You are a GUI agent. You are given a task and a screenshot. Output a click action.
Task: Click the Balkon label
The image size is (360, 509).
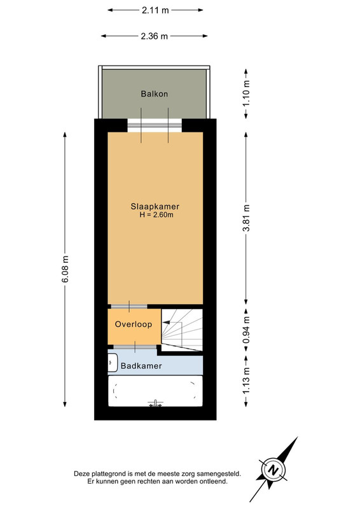[x=154, y=94]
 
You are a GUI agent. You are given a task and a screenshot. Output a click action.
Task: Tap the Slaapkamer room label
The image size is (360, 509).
[x=155, y=206]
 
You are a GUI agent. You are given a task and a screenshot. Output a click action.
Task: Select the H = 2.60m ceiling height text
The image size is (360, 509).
[x=156, y=214]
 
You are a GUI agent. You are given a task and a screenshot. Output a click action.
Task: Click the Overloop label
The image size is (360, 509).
[x=134, y=324]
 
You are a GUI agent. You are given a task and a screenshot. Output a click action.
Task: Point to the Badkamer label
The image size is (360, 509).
[x=141, y=366]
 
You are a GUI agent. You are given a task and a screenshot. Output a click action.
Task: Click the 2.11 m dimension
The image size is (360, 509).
[x=155, y=10]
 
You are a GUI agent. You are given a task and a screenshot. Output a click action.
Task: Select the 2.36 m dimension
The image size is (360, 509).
[x=154, y=36]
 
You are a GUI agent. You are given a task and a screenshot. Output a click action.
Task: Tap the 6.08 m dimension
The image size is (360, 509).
[x=65, y=269]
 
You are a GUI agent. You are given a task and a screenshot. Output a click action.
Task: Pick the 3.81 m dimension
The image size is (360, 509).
[x=246, y=218]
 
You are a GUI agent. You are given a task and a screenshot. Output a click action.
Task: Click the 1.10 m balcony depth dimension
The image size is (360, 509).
[x=246, y=94]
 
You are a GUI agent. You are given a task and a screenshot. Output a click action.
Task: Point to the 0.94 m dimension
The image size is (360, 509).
[x=246, y=330]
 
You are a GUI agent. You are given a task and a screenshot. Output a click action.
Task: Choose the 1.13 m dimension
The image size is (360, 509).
[x=246, y=380]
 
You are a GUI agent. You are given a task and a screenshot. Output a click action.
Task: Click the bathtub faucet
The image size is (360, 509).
[x=155, y=403]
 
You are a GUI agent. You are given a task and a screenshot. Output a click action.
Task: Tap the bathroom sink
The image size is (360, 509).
[x=113, y=362]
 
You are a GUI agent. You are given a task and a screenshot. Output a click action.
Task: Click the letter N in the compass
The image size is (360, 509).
[x=274, y=470]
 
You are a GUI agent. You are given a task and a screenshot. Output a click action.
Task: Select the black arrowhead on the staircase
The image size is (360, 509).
[x=165, y=323]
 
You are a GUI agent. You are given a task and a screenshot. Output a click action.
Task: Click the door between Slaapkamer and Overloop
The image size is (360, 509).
[x=129, y=307]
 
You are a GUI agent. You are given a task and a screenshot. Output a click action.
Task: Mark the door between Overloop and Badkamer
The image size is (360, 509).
[x=135, y=347]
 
